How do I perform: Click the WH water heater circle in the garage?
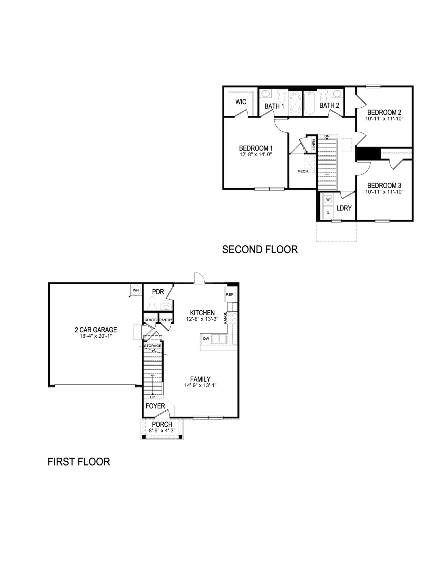pyautogui.click(x=136, y=290)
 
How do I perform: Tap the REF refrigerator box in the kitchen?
pyautogui.click(x=230, y=294)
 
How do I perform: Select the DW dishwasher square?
pyautogui.click(x=206, y=338)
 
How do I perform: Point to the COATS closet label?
pyautogui.click(x=150, y=320)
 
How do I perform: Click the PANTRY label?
pyautogui.click(x=166, y=320)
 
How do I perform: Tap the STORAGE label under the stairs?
pyautogui.click(x=152, y=346)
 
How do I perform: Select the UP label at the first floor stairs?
pyautogui.click(x=152, y=397)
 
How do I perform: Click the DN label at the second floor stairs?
pyautogui.click(x=327, y=136)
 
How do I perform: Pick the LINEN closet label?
pyautogui.click(x=313, y=144)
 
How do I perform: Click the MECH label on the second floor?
pyautogui.click(x=302, y=171)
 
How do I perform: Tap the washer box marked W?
pyautogui.click(x=328, y=199)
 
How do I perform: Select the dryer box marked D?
pyautogui.click(x=328, y=213)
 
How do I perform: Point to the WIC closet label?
pyautogui.click(x=241, y=102)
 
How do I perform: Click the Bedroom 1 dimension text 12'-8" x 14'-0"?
pyautogui.click(x=255, y=154)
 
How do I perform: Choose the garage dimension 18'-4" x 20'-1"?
pyautogui.click(x=96, y=336)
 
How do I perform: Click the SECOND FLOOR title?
pyautogui.click(x=260, y=249)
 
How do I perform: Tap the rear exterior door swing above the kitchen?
pyautogui.click(x=199, y=278)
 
